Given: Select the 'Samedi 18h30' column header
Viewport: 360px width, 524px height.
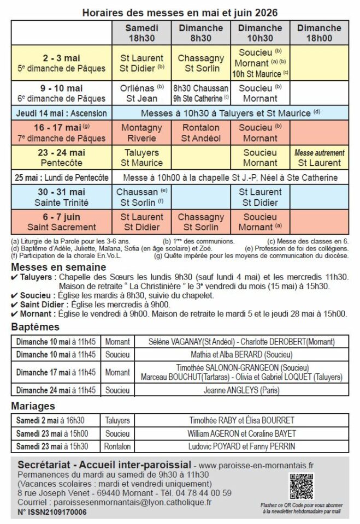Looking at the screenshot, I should [141, 33].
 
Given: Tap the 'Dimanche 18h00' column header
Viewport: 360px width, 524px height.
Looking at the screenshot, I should [320, 33].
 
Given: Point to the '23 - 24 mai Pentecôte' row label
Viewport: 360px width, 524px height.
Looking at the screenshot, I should [61, 157].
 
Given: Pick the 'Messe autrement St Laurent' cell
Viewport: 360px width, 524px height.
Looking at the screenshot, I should [320, 157].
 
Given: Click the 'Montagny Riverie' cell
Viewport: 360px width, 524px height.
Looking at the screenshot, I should [141, 133].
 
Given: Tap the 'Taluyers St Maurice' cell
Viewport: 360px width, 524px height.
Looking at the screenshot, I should [141, 157].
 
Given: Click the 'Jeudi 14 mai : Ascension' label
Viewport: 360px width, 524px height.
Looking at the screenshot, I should [61, 114].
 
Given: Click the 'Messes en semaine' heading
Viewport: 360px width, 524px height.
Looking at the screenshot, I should [58, 267].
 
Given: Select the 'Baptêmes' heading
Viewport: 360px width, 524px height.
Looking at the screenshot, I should [35, 327].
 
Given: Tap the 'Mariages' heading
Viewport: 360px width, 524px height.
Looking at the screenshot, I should [34, 406].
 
